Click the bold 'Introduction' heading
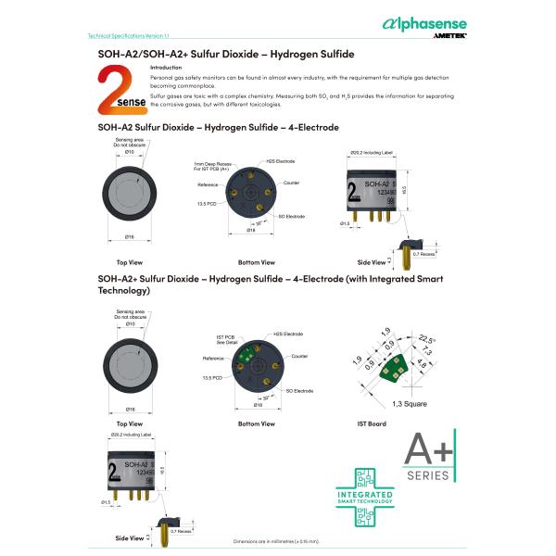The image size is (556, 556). pyautogui.click(x=166, y=69)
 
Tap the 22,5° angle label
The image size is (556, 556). pyautogui.click(x=425, y=339)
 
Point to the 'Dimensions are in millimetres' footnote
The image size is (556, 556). pyautogui.click(x=275, y=540)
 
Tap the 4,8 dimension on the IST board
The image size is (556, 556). pyautogui.click(x=422, y=366)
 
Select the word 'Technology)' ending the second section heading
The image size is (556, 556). pyautogui.click(x=123, y=291)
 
